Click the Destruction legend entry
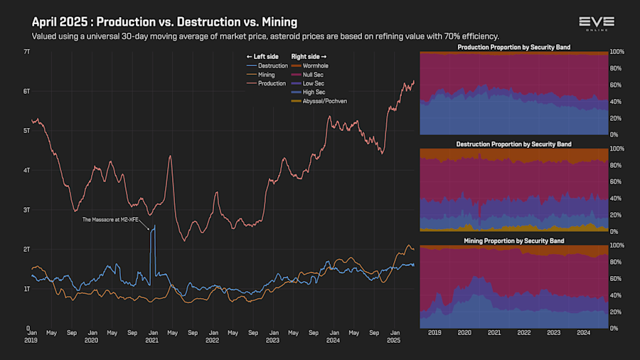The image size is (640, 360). point(272,65)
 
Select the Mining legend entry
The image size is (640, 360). point(267,75)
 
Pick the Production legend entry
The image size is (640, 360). point(271,83)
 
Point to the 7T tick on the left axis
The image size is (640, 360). point(26,52)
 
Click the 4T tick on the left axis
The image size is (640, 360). point(26,170)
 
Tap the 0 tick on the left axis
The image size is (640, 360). point(27,328)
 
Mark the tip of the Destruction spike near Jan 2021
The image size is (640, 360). point(154,226)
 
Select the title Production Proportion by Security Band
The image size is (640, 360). point(514,47)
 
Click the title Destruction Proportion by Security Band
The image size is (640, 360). point(514,144)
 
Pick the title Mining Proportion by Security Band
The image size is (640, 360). point(514,241)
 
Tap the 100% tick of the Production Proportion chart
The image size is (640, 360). point(617,52)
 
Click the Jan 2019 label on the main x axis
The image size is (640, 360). point(32,336)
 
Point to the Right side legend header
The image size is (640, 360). point(309,56)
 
